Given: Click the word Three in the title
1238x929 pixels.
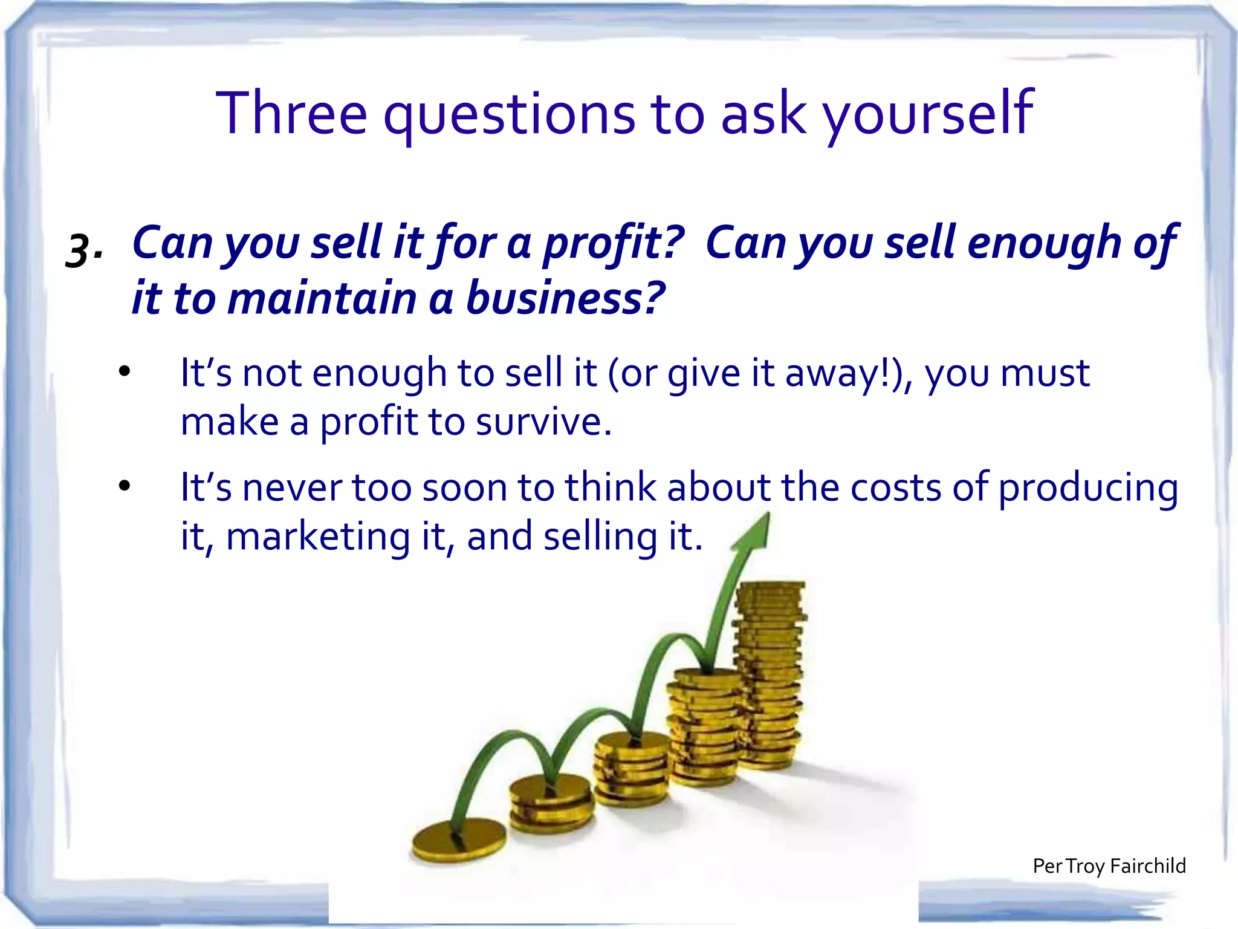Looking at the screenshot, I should point(291,113).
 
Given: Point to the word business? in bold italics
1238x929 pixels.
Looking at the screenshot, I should point(565,298).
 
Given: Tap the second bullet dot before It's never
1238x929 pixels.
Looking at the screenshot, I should point(125,486).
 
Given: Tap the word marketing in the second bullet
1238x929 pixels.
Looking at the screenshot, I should point(318,536).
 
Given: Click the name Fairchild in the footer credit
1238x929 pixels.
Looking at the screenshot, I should point(1148,865).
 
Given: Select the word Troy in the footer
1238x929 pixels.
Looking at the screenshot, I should point(1085,866).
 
